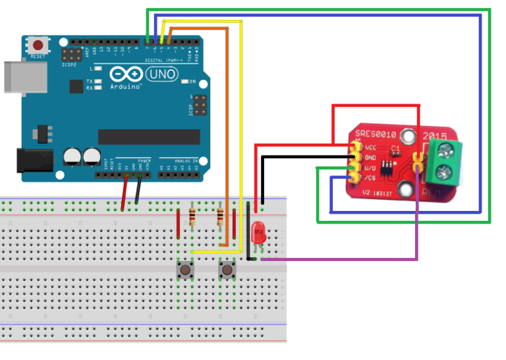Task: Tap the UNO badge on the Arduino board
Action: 161,74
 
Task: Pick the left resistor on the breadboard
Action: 192,216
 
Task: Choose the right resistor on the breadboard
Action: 220,216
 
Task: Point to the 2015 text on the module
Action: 436,136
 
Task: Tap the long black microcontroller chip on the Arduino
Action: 148,136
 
